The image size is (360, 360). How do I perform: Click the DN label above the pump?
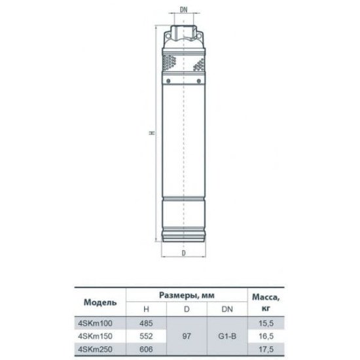[183, 10]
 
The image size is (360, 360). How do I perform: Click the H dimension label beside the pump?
[152, 133]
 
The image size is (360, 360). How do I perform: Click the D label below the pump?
[184, 253]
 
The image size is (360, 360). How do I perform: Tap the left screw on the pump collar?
[168, 81]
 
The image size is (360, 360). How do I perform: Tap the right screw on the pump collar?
[199, 81]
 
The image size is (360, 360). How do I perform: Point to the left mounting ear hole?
[168, 36]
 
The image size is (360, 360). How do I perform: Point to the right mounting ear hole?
[199, 36]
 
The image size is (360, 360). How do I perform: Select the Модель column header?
[100, 302]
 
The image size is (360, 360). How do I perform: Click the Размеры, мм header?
[187, 295]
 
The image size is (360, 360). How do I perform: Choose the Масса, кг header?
[266, 302]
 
